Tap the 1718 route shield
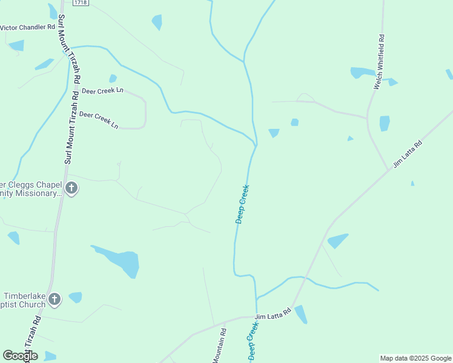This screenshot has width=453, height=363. [79, 3]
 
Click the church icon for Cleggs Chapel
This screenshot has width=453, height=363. [71, 188]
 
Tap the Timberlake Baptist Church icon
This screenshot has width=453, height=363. [55, 299]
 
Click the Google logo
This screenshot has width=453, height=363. [20, 356]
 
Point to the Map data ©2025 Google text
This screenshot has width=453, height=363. [415, 358]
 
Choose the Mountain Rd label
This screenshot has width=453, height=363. [219, 346]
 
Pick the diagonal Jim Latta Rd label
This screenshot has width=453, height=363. [407, 154]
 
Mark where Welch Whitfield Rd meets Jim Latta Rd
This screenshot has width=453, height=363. [388, 170]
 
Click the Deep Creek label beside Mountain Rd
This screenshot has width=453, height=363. [254, 342]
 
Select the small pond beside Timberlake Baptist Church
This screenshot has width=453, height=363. [75, 297]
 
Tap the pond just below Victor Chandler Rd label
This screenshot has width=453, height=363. [17, 45]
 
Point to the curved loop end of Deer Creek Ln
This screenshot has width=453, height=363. [145, 112]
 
